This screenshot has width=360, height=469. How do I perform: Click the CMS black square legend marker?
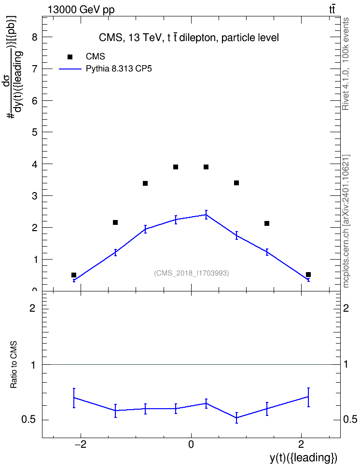coord(70,57)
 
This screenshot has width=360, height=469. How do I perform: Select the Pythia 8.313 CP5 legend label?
coord(119,69)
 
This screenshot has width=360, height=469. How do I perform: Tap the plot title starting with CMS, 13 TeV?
coord(189,38)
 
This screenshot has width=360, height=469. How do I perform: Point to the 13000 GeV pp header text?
coord(81,10)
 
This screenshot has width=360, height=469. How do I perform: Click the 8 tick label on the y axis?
coord(35,37)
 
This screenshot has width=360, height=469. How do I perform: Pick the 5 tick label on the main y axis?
coord(35,132)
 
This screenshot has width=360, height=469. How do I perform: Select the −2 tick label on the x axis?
coord(80,444)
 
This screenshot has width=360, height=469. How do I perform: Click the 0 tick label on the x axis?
coord(191,444)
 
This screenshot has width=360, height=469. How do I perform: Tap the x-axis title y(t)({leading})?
coord(304,458)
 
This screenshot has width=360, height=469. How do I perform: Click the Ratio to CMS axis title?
coord(14,365)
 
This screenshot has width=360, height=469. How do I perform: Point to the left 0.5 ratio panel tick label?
coord(28,420)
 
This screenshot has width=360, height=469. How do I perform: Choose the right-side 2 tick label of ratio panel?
coord(346,308)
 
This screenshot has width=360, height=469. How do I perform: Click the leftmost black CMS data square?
coord(74,275)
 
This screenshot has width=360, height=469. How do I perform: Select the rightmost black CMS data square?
coord(308,275)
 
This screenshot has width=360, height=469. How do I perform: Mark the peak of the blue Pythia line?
coord(206,214)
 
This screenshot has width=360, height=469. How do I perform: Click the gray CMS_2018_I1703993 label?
coord(192,273)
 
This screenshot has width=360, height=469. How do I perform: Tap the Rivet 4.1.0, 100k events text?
coord(346,64)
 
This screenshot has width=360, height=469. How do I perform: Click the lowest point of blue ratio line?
coord(236,418)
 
